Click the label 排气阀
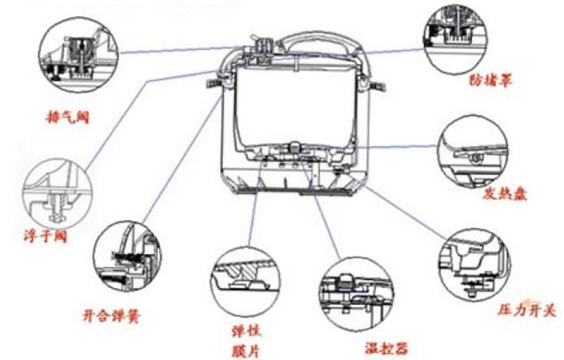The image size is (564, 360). click(x=69, y=116)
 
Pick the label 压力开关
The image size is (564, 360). click(x=525, y=310)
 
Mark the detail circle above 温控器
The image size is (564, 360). click(x=356, y=293)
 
